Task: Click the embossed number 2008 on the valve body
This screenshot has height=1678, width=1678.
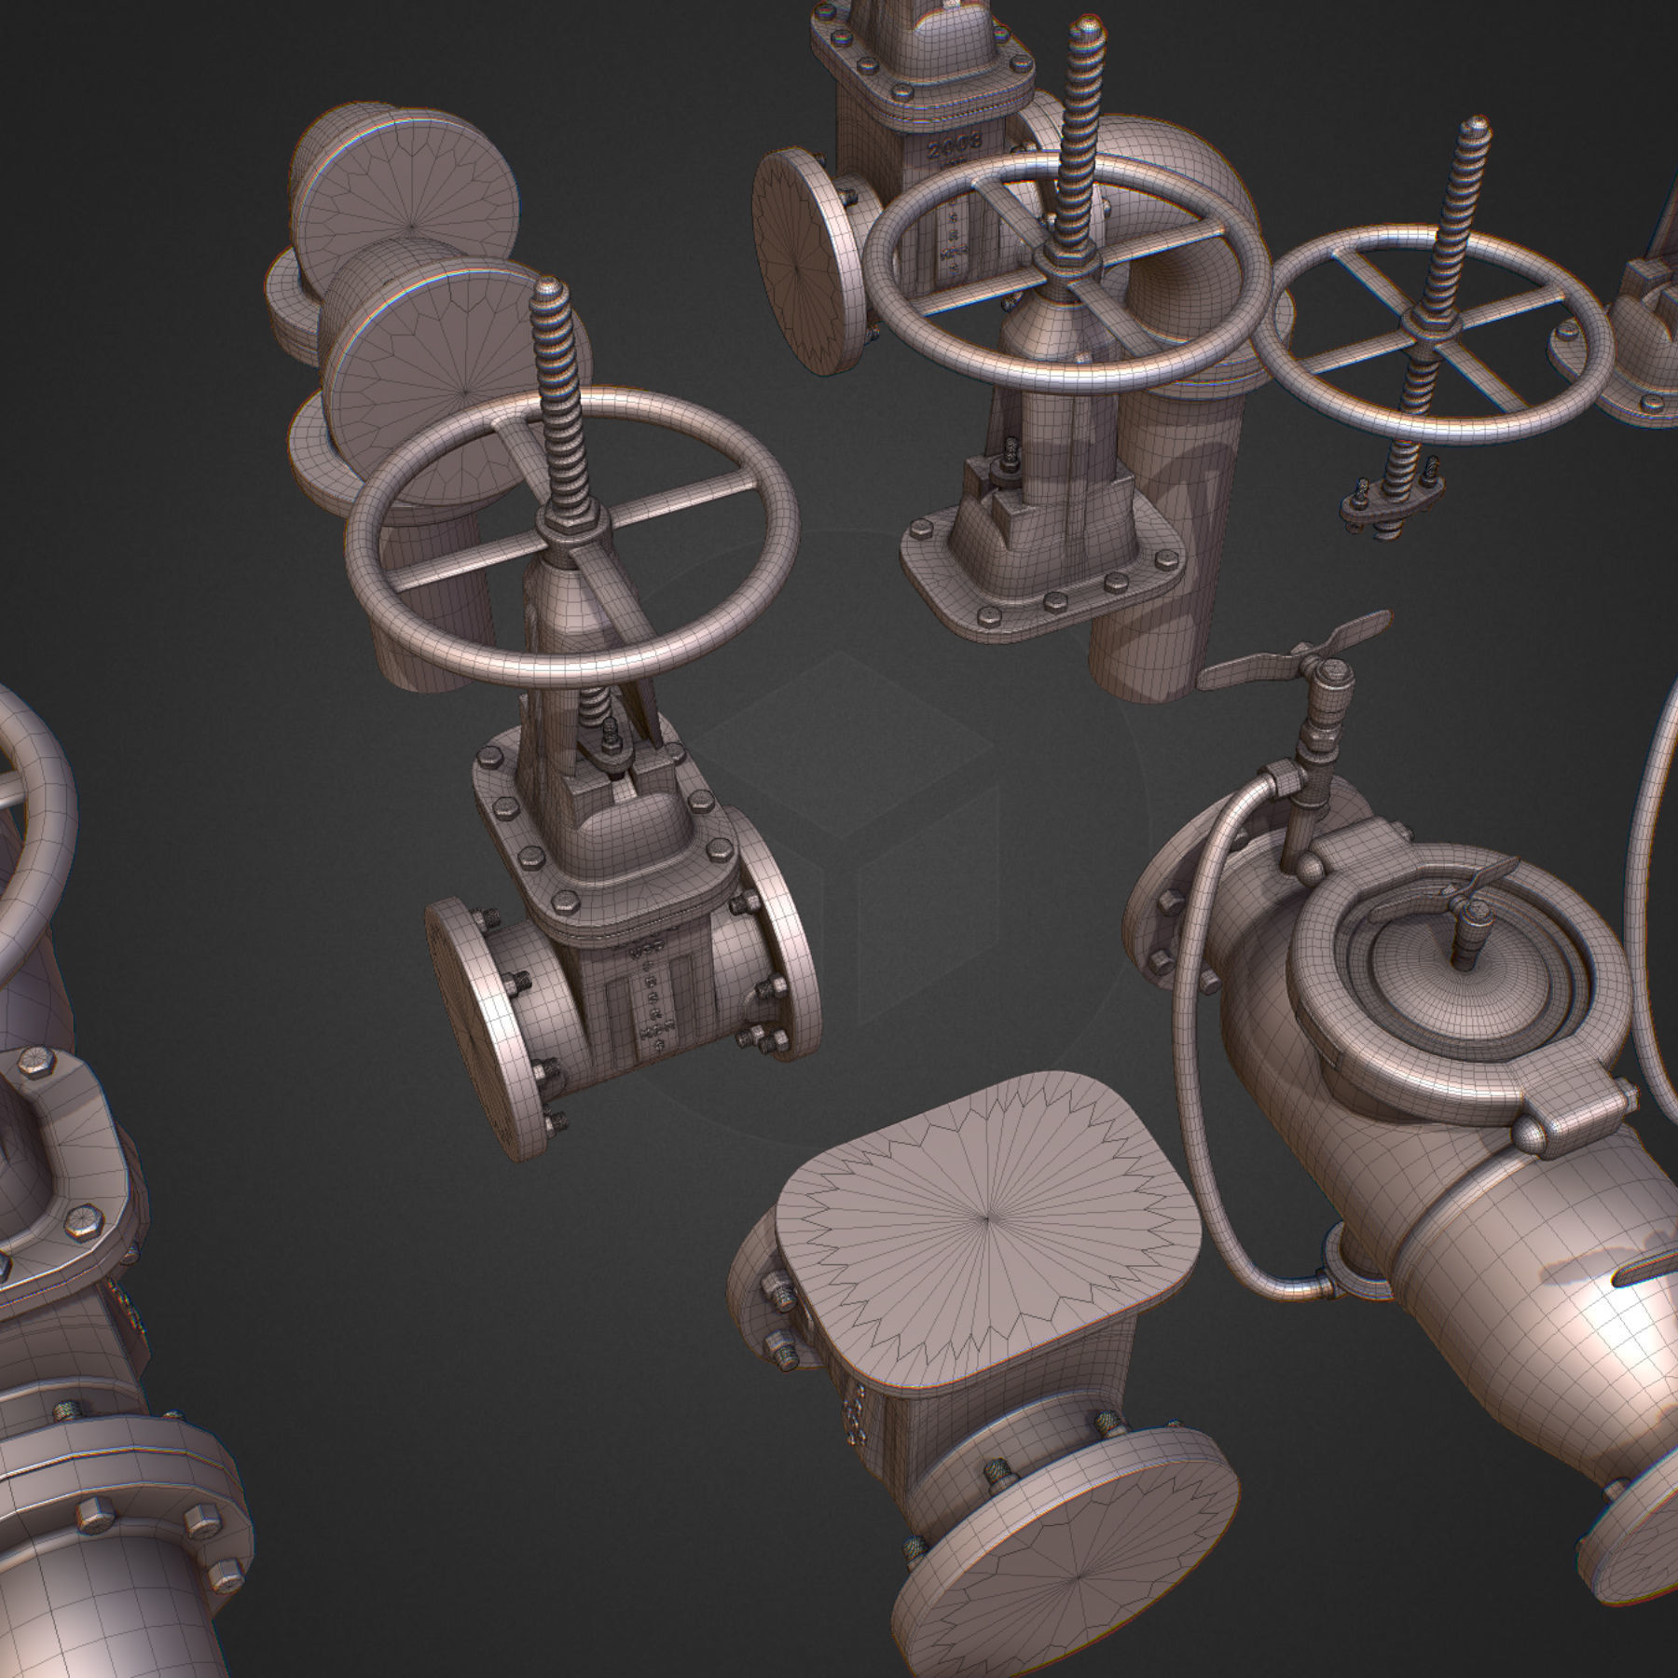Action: [956, 142]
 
